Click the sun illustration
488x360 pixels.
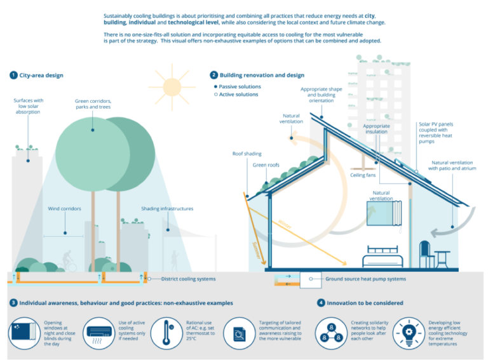172,87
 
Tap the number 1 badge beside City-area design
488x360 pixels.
13,75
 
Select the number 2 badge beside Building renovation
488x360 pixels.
213,75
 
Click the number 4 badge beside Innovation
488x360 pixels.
321,303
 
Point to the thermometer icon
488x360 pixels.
167,333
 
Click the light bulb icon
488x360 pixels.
409,333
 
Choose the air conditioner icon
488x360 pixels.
99,334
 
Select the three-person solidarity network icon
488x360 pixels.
331,333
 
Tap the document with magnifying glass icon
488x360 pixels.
240,334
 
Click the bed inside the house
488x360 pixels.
383,257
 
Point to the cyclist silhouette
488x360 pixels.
68,262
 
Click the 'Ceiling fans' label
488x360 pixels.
363,175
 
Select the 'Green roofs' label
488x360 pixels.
266,165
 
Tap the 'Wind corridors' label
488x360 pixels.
64,209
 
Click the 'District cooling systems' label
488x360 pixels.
188,279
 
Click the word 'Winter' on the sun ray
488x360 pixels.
285,224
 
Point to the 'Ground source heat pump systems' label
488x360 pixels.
366,279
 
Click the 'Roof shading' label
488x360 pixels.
247,154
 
